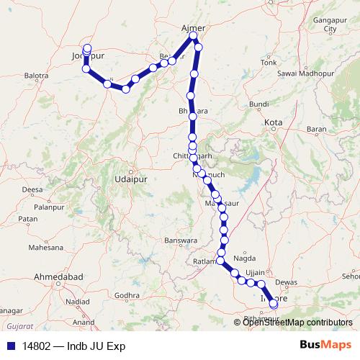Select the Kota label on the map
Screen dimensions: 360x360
point(273,123)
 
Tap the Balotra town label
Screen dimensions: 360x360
point(36,75)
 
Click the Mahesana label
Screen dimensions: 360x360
point(45,247)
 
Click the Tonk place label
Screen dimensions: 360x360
point(269,63)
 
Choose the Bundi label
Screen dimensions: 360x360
point(258,105)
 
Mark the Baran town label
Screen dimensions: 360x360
point(316,130)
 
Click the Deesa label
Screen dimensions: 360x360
point(32,189)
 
